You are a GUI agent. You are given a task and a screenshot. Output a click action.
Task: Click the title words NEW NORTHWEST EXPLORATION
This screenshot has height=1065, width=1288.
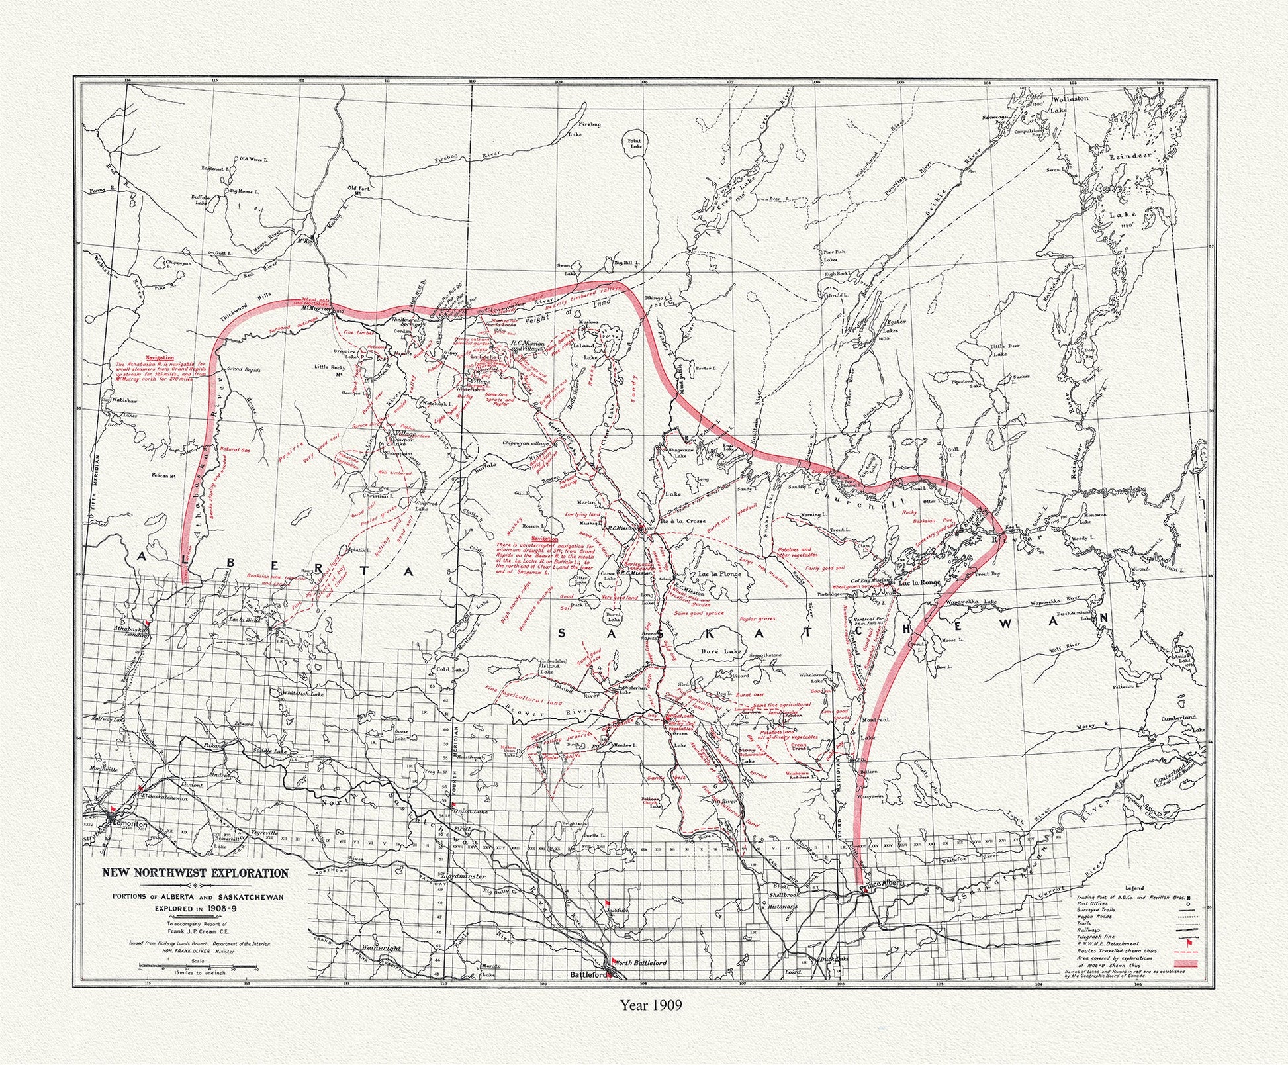(195, 873)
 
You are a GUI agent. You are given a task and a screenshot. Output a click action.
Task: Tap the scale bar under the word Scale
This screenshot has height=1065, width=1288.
(198, 968)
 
